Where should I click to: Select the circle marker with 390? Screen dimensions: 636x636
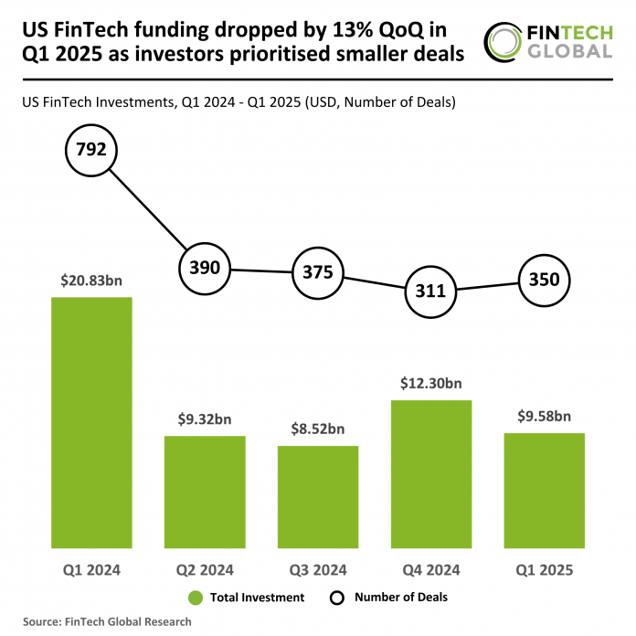click(205, 269)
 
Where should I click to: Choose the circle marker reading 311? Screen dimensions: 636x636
click(431, 291)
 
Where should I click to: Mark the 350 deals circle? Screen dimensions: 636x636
click(545, 280)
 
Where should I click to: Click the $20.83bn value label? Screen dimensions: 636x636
click(91, 281)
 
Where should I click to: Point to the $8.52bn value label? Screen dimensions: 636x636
click(318, 429)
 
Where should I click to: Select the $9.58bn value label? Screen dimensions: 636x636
click(545, 416)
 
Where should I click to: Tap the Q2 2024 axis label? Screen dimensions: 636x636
click(205, 570)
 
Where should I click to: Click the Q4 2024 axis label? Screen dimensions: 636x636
click(431, 570)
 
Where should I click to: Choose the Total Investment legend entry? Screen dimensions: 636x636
click(246, 598)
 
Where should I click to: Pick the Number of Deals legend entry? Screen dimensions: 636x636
click(387, 598)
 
